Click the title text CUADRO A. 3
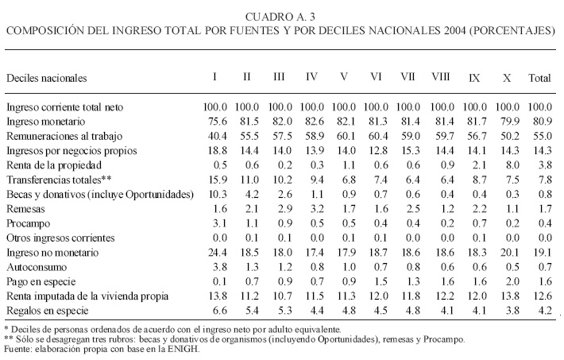(282, 17)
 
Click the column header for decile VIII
(441, 78)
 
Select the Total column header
(540, 78)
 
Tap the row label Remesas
(25, 207)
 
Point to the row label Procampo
(28, 223)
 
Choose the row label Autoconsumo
(35, 267)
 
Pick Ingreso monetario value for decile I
(216, 121)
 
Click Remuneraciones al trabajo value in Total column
(540, 135)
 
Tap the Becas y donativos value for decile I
(216, 193)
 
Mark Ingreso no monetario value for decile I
(216, 252)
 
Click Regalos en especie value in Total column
(540, 310)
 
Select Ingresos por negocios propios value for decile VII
(409, 149)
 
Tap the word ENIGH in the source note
(183, 348)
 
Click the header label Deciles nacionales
(46, 78)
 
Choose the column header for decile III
(279, 78)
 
